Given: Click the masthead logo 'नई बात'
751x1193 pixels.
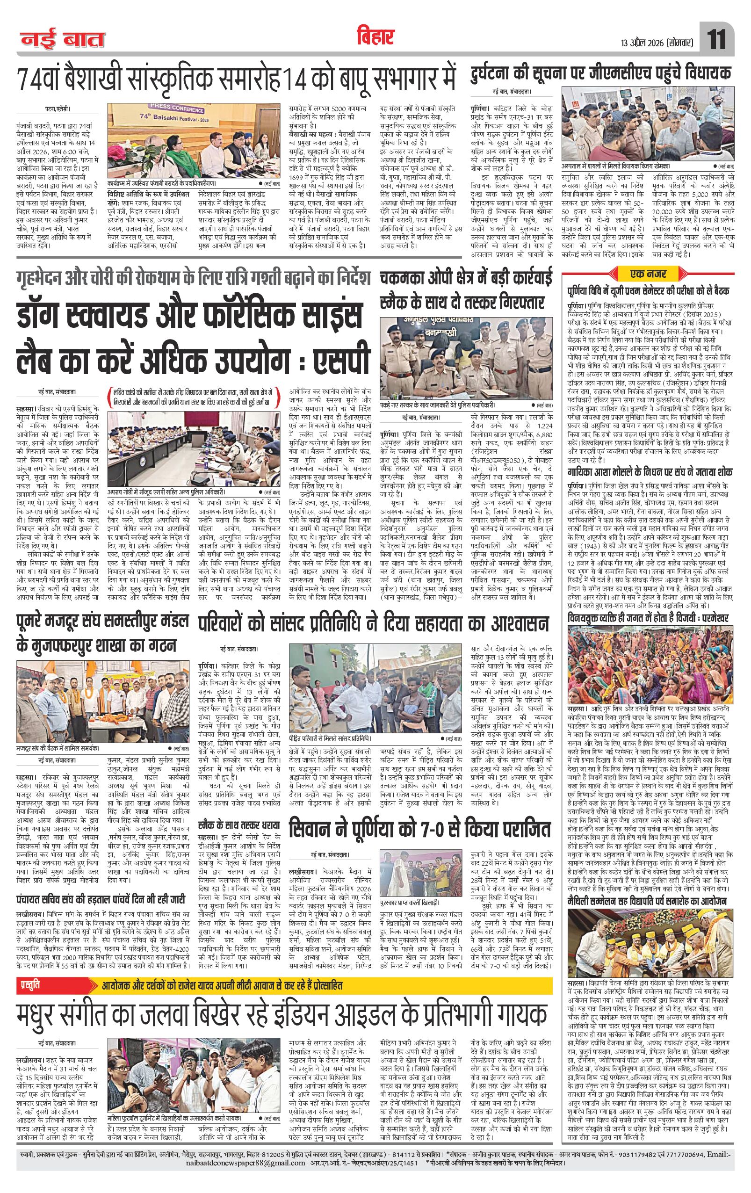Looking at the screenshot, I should pos(62,40).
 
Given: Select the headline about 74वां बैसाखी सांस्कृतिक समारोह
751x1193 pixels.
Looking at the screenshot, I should pos(235,78).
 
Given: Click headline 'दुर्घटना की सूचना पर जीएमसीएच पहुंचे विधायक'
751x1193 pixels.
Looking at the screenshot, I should pos(600,74).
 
